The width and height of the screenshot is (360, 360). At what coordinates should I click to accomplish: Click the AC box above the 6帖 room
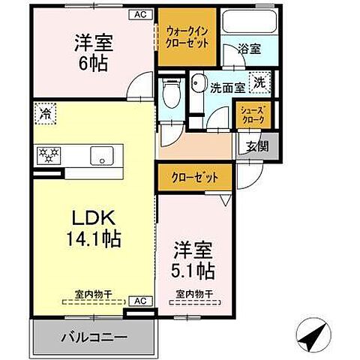139,13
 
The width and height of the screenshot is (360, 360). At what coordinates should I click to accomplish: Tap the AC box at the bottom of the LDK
139,300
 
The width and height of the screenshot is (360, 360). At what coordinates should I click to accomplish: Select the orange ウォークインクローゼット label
182,37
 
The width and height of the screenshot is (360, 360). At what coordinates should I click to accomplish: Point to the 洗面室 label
228,86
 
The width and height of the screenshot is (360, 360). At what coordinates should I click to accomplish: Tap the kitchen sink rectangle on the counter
99,156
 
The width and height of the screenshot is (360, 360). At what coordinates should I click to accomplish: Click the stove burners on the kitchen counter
49,155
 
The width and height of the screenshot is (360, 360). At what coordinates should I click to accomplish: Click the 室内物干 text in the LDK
93,293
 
